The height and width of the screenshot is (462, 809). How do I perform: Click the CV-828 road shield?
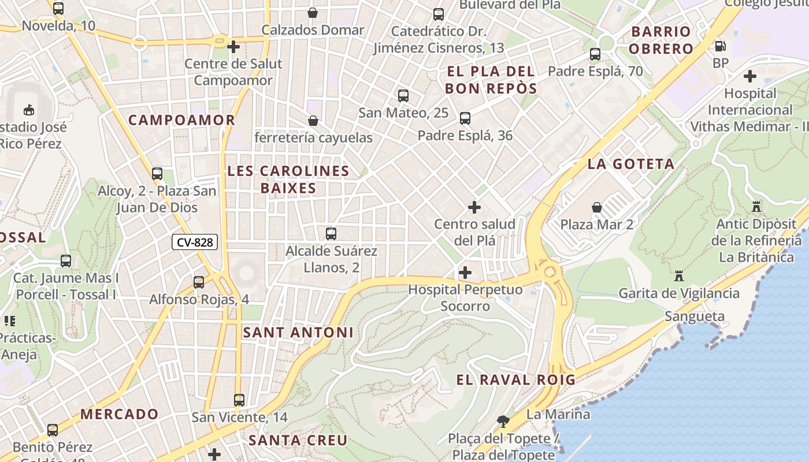click(x=195, y=243)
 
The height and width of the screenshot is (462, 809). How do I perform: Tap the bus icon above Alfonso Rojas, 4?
click(x=199, y=282)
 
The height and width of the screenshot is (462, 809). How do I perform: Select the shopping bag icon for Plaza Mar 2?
click(x=597, y=207)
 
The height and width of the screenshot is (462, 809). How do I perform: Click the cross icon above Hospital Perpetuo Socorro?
click(x=465, y=272)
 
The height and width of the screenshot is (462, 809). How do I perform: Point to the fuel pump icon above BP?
click(x=720, y=46)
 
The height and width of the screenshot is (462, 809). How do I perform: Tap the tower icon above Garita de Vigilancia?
click(x=679, y=275)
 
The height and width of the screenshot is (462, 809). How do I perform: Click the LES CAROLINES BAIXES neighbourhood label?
click(x=288, y=180)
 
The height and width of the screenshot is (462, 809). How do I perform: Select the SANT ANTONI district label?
click(x=298, y=333)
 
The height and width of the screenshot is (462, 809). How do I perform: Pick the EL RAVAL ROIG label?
click(x=516, y=380)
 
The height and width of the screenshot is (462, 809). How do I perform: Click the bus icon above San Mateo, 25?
click(x=403, y=96)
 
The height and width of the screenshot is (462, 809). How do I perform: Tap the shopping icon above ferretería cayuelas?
click(x=313, y=121)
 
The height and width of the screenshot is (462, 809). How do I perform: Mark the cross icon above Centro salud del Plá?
click(x=474, y=207)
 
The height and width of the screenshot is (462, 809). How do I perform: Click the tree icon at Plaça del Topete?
click(x=503, y=421)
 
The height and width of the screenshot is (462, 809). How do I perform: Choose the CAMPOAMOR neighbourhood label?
click(x=181, y=120)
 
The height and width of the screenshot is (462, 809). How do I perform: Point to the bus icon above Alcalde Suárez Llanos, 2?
click(x=331, y=234)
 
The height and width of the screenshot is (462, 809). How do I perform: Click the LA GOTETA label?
click(x=631, y=164)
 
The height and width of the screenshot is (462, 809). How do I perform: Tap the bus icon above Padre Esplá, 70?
click(x=595, y=54)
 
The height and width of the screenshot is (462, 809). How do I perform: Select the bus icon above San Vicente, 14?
click(x=239, y=400)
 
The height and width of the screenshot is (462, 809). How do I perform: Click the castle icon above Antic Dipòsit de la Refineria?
click(x=755, y=206)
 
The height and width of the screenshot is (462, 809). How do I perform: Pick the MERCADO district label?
click(x=119, y=414)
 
